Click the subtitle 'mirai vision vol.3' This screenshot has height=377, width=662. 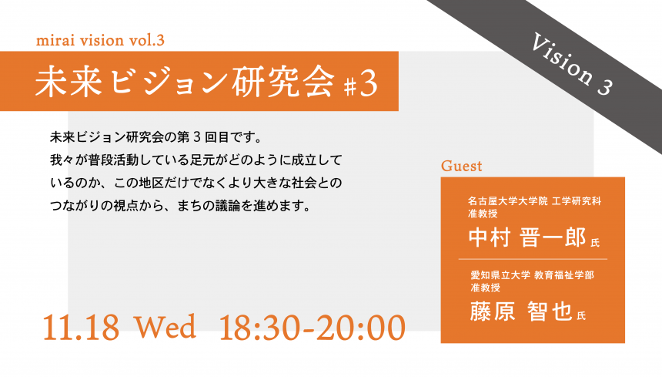100,40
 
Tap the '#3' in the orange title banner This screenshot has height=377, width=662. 360,84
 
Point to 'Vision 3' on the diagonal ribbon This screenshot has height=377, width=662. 571,64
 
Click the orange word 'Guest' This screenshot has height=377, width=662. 461,166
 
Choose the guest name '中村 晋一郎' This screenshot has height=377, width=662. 527,237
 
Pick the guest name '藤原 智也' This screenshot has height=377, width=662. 521,311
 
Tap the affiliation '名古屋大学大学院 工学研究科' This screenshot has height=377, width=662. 534,201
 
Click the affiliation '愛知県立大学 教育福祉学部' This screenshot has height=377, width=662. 533,275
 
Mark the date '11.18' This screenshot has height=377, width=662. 81,327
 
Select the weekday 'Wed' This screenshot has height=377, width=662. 165,326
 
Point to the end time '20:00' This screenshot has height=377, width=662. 361,327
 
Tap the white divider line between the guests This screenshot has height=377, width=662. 533,259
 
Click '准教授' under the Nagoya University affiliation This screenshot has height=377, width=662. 483,214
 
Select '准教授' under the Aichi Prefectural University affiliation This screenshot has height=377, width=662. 486,288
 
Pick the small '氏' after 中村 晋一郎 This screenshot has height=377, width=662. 595,243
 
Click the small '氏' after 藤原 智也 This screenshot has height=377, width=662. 581,316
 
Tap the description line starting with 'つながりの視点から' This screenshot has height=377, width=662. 180,206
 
